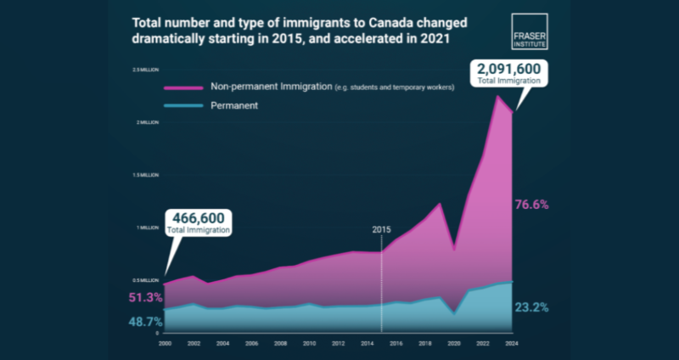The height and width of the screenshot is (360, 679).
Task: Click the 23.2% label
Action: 531,307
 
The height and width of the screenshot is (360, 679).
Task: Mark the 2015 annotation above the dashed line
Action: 382,230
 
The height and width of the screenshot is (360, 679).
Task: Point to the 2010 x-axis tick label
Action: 309,342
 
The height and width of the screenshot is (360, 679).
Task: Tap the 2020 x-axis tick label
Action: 454,342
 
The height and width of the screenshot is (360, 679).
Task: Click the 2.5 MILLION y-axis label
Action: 145,69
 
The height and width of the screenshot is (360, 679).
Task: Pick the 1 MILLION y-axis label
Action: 147,228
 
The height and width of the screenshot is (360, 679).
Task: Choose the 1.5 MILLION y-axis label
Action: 145,175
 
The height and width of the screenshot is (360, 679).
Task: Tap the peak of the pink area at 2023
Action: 497,96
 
